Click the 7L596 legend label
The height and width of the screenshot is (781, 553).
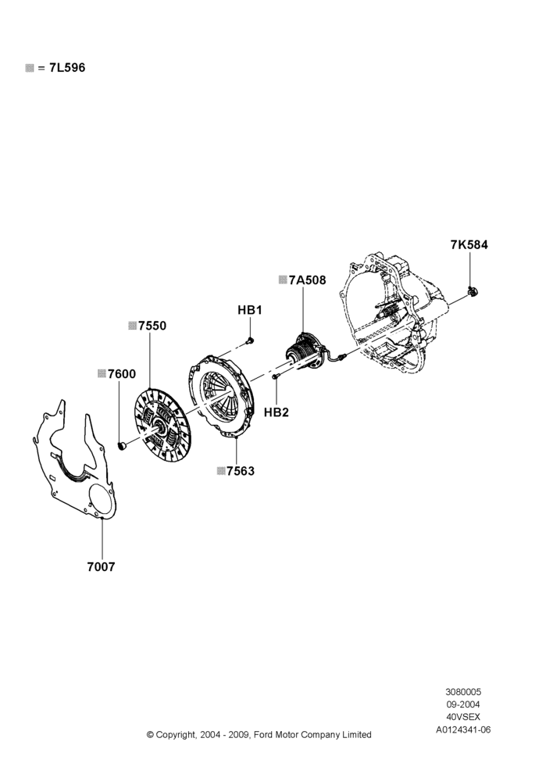coord(67,68)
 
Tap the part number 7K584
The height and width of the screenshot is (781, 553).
coord(469,244)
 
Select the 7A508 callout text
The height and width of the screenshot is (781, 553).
coord(308,280)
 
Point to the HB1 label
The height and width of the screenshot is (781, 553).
coord(250,310)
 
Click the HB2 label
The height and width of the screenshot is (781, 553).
coord(276,412)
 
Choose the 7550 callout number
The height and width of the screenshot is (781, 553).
coord(152,326)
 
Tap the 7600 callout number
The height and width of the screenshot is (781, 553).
coord(122,373)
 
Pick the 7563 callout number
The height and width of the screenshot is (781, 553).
coord(241,471)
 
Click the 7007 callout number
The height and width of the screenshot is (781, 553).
coord(101,566)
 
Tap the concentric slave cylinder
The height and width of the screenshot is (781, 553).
coord(304,352)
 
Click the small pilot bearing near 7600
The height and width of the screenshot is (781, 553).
coord(121,445)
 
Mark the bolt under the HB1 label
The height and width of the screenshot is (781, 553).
coord(250,341)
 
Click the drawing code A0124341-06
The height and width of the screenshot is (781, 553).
coord(463,729)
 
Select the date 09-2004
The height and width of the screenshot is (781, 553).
coord(463,704)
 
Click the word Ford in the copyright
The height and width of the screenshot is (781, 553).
coord(264,735)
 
